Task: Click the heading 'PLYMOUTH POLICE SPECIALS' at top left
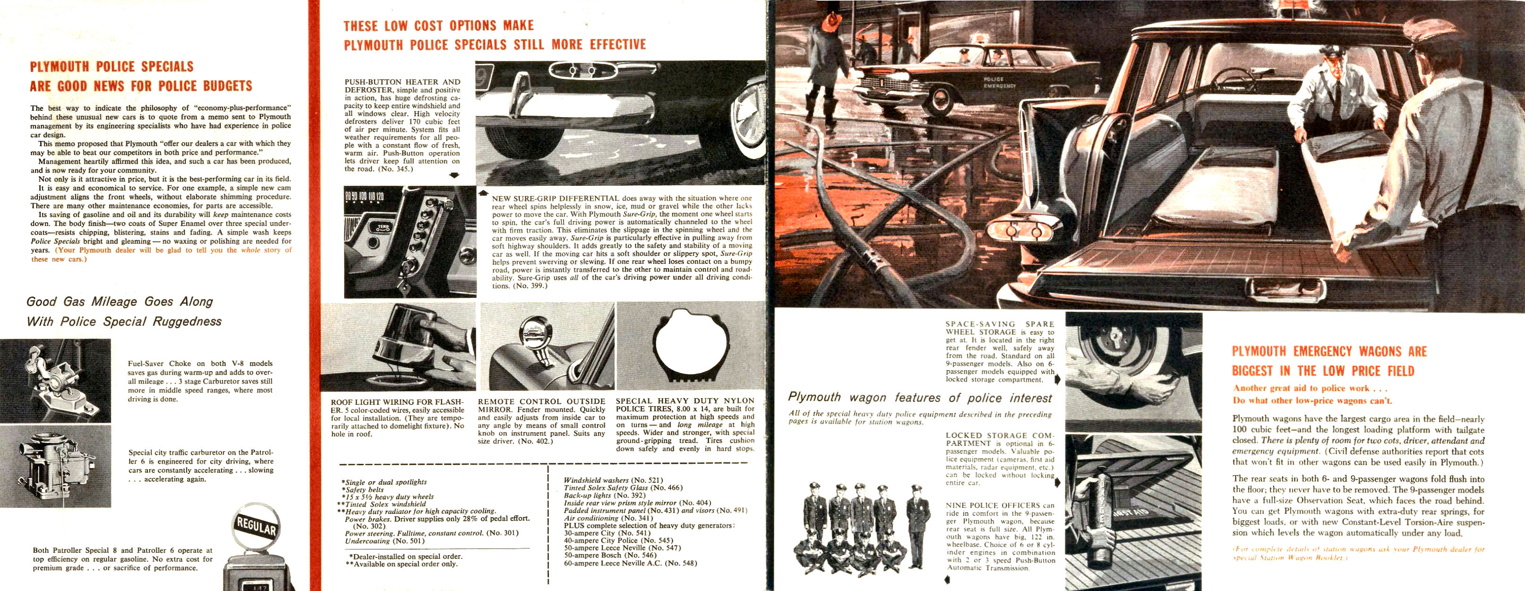point(112,66)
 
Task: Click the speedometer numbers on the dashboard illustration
point(364,196)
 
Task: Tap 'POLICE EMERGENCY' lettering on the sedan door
point(999,82)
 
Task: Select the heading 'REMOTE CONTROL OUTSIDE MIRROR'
point(541,405)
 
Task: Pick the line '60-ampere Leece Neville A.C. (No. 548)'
point(630,563)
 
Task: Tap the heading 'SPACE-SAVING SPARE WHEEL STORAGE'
point(999,328)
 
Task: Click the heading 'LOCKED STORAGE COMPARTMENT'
point(999,439)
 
